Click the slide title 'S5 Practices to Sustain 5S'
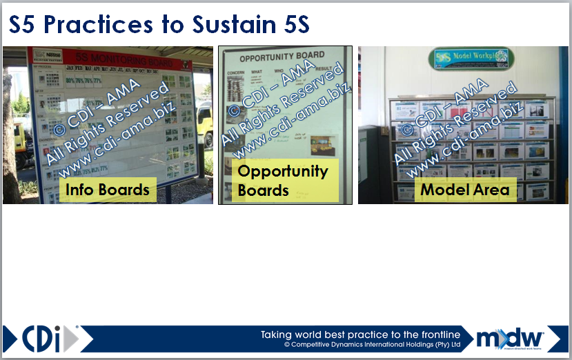pos(159,26)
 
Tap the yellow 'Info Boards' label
pos(108,189)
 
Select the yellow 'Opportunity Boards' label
pos(283,181)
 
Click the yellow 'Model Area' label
pos(464,189)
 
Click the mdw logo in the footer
pos(510,339)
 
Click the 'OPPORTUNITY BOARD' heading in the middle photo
pos(282,57)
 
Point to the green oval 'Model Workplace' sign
pos(470,58)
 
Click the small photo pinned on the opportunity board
pos(322,146)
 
